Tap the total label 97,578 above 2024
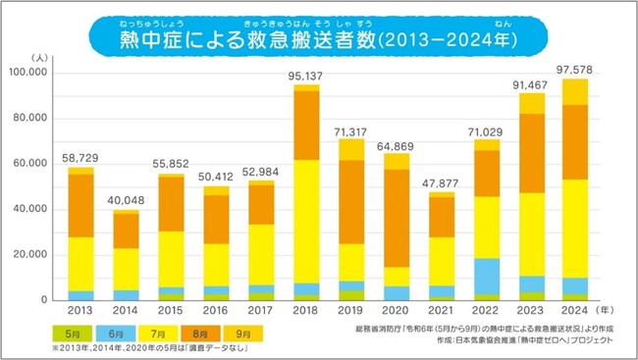(x=575, y=69)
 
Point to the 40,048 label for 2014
(x=126, y=200)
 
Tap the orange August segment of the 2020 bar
(x=397, y=218)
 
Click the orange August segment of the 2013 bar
(x=80, y=205)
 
